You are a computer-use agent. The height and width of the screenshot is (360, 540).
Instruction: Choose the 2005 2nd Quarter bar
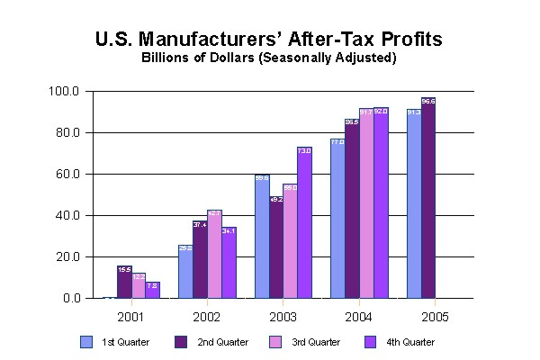click(x=428, y=198)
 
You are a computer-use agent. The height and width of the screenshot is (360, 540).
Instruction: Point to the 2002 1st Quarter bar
click(x=184, y=271)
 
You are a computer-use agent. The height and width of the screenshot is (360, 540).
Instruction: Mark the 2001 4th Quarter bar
click(x=153, y=290)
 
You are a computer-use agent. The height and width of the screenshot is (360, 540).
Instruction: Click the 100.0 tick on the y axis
click(x=68, y=92)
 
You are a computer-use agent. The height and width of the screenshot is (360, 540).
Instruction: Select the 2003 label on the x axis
click(x=283, y=317)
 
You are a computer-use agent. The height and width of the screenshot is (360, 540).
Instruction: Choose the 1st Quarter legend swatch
click(x=87, y=342)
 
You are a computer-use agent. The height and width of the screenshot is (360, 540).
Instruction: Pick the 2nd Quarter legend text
click(x=223, y=343)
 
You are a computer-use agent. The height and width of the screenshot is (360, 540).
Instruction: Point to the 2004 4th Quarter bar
click(x=382, y=202)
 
